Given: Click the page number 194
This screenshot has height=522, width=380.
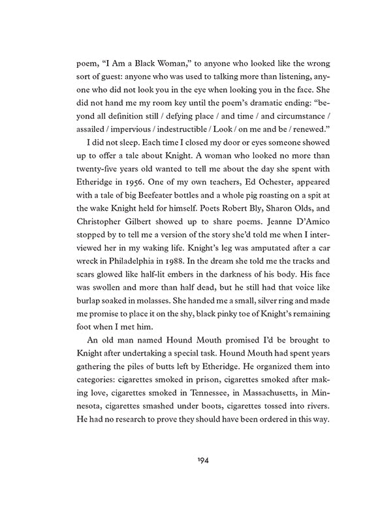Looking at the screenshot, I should (189, 460).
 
